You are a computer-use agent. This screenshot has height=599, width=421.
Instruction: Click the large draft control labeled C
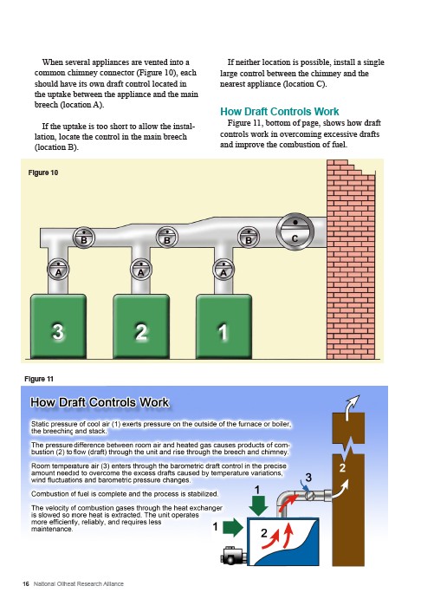tap(295, 231)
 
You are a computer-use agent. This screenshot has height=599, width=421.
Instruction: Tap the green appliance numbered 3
tap(58, 326)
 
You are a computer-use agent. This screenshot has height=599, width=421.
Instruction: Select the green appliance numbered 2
tap(141, 326)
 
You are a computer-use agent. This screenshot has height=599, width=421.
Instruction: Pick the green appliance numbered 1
tap(224, 326)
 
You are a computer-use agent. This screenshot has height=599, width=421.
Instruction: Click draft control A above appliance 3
tap(58, 269)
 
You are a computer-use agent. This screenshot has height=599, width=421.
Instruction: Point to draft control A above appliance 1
tap(223, 270)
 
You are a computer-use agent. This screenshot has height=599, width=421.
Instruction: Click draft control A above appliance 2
tap(141, 269)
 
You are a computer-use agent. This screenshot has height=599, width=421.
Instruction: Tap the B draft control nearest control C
tap(249, 238)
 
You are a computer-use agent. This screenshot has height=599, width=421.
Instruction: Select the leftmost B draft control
tap(83, 238)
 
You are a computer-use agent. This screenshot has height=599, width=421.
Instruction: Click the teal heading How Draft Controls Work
tap(280, 112)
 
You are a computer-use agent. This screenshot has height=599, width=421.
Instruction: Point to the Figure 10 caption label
tap(43, 173)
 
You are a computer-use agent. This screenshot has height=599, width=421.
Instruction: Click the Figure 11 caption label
tap(39, 379)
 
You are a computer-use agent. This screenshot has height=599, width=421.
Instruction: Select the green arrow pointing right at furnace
tap(233, 528)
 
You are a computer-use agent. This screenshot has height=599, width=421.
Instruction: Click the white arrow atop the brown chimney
tap(352, 407)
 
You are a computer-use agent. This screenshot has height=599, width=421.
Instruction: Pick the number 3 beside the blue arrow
tap(308, 478)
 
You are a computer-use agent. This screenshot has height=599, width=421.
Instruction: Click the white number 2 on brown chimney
tap(342, 468)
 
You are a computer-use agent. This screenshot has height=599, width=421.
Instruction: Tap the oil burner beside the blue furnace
tap(234, 556)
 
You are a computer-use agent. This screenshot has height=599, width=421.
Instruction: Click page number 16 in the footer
tap(26, 583)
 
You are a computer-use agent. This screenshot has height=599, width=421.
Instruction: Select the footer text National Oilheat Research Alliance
tap(79, 583)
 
